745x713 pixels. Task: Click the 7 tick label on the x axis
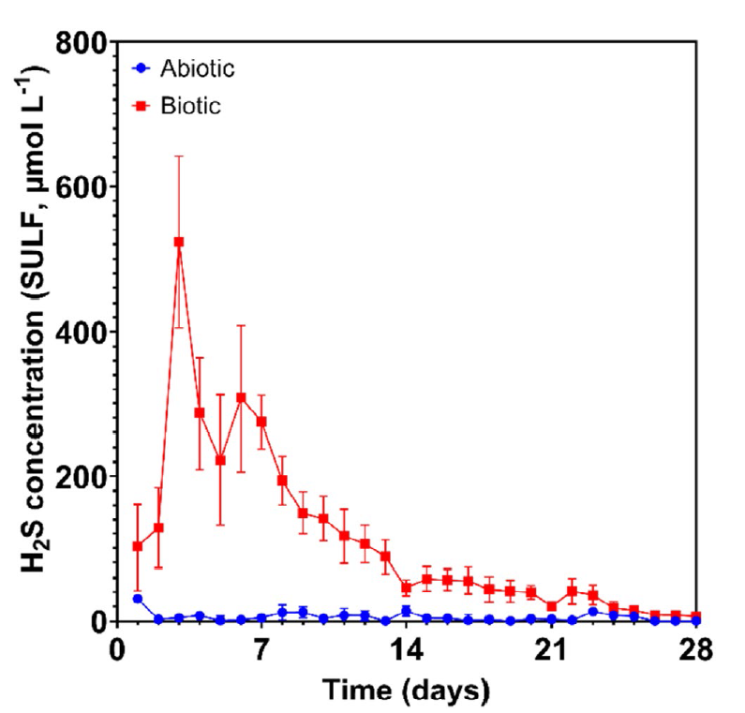pos(261,648)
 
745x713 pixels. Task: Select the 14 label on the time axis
pos(406,648)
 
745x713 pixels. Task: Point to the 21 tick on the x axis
pos(551,648)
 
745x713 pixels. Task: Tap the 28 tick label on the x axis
pos(695,648)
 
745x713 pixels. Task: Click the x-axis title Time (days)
pos(406,691)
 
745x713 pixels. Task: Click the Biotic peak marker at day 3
pos(179,242)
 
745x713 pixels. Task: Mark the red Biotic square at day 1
pos(138,546)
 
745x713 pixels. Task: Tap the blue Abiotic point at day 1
pos(138,599)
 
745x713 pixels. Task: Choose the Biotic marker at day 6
pos(241,397)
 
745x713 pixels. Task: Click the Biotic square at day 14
pos(406,588)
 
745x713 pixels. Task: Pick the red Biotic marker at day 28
pos(695,616)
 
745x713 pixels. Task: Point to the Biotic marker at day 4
pos(200,412)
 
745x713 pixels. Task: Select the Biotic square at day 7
pos(261,422)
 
